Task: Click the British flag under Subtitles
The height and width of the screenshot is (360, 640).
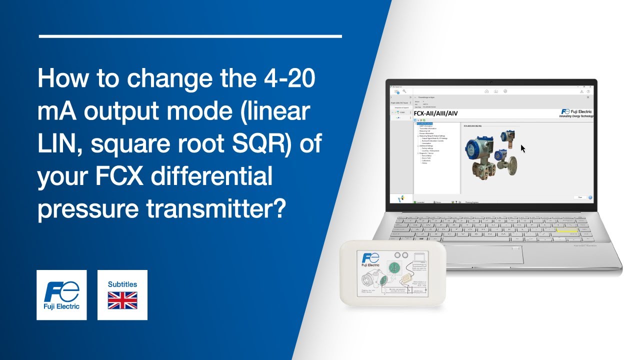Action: click(122, 300)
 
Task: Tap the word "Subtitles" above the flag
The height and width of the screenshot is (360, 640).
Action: click(122, 284)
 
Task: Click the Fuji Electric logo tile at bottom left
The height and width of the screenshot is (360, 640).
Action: click(61, 295)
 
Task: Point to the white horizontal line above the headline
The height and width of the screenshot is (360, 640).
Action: click(190, 36)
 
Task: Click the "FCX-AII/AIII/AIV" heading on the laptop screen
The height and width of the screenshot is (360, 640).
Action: click(436, 113)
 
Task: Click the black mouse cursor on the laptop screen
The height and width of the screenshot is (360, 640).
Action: click(523, 148)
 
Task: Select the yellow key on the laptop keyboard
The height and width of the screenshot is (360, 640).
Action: click(567, 231)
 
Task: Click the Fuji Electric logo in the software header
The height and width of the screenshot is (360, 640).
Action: click(576, 113)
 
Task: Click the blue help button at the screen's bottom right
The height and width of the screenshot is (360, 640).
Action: click(590, 197)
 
